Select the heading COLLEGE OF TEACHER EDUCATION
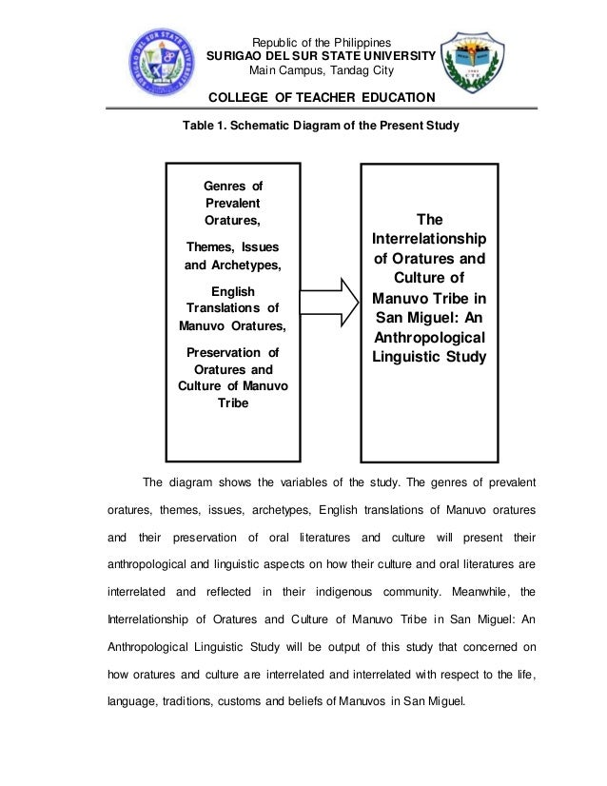pyautogui.click(x=321, y=98)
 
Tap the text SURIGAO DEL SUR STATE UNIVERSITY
pyautogui.click(x=321, y=56)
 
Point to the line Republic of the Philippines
pyautogui.click(x=320, y=42)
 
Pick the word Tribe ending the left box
pyautogui.click(x=233, y=403)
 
